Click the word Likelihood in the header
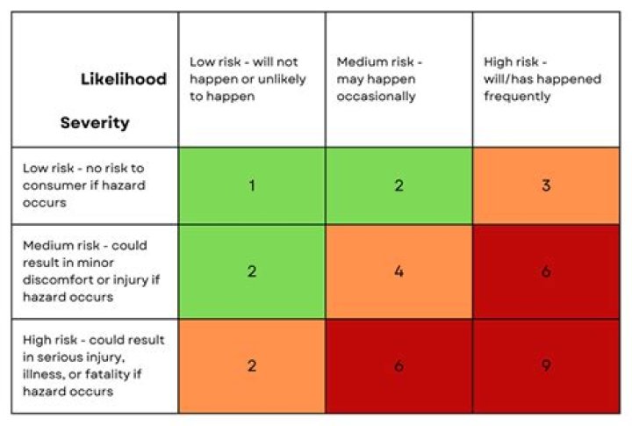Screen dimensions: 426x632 pos(124,79)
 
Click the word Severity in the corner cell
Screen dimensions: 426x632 pos(94,123)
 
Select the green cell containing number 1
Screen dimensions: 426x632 pos(252,186)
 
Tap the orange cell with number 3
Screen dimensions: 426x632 pos(546,186)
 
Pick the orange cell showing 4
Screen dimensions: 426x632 pos(399,271)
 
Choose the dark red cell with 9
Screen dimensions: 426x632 pos(546,365)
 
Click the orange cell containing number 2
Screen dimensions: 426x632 pos(252,365)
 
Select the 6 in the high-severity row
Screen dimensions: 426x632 pos(399,365)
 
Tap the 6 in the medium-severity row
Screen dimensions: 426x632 pos(546,271)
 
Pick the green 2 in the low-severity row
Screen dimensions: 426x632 pos(399,186)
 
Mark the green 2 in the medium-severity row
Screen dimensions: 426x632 pos(252,271)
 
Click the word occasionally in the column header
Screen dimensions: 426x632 pos(376,96)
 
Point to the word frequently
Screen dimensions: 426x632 pos(517,96)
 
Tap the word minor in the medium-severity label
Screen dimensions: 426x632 pos(126,264)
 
